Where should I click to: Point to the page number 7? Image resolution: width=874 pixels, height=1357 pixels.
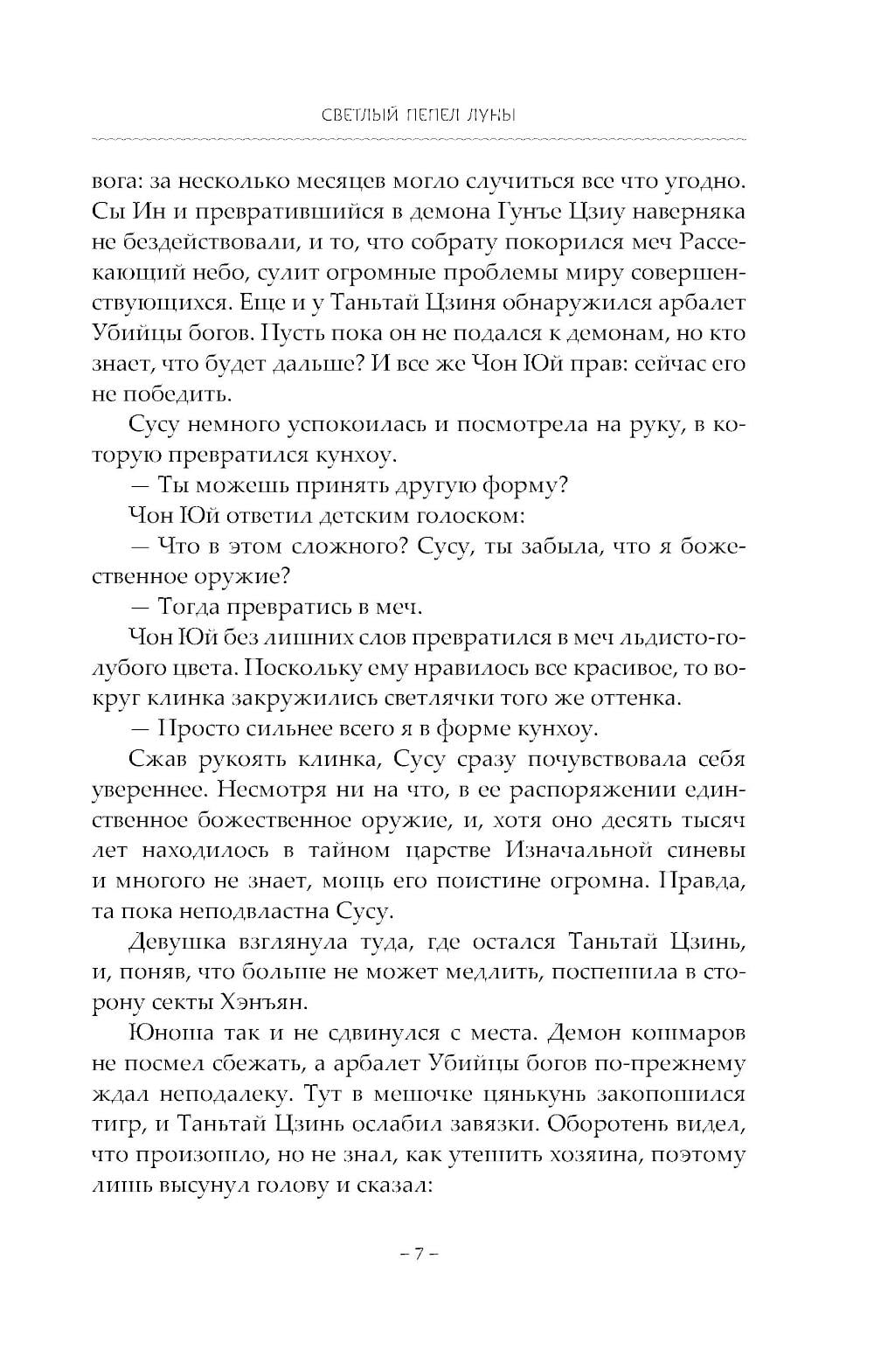coord(418,1256)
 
